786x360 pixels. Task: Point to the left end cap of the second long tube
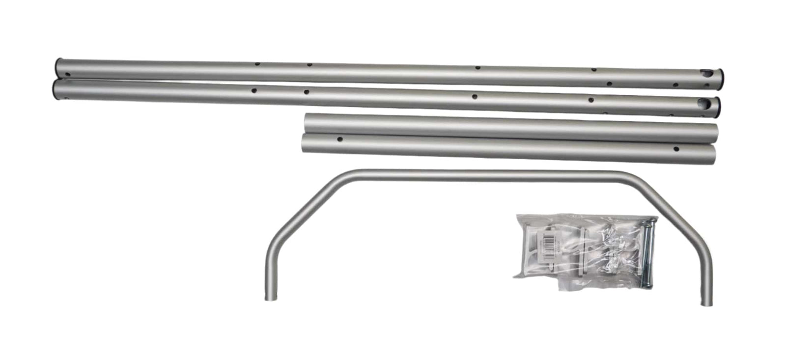[53, 91]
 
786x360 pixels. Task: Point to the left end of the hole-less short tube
[307, 121]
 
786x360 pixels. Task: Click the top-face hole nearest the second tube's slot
[590, 100]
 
